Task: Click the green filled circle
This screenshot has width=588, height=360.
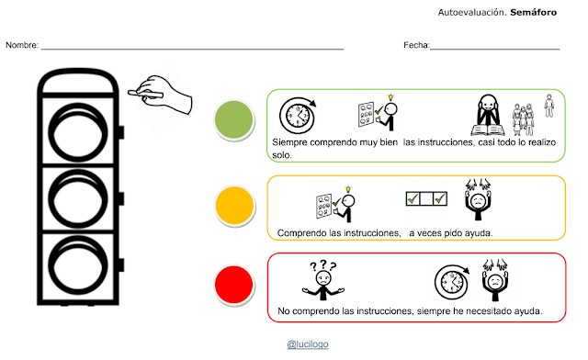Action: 234,119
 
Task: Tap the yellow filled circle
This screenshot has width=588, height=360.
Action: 235,206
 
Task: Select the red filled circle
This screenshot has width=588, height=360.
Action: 234,285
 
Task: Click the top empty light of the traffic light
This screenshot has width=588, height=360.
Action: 78,132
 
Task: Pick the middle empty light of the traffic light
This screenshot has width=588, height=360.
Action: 78,198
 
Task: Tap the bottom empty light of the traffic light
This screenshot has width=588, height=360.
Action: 78,264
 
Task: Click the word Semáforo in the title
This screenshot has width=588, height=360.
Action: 533,12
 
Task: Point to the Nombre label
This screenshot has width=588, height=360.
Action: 22,45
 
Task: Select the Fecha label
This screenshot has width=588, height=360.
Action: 416,45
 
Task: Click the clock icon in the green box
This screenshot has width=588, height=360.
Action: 298,115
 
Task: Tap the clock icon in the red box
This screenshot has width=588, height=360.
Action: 452,282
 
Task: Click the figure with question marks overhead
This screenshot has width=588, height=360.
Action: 323,280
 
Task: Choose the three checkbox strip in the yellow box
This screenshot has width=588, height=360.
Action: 426,198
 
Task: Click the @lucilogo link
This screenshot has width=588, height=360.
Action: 308,343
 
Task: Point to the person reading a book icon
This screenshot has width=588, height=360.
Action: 488,115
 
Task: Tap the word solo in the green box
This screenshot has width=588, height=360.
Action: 281,155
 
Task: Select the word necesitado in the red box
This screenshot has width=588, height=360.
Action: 488,311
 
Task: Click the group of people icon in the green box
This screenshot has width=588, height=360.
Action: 523,119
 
